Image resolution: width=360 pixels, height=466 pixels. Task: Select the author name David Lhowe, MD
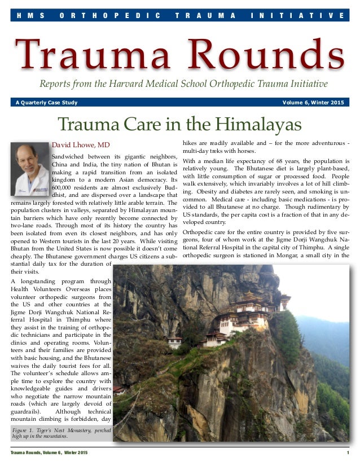point(81,144)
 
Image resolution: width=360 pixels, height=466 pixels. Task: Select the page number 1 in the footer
point(348,454)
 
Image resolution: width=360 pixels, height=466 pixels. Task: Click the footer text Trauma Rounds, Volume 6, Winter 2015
point(50,454)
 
